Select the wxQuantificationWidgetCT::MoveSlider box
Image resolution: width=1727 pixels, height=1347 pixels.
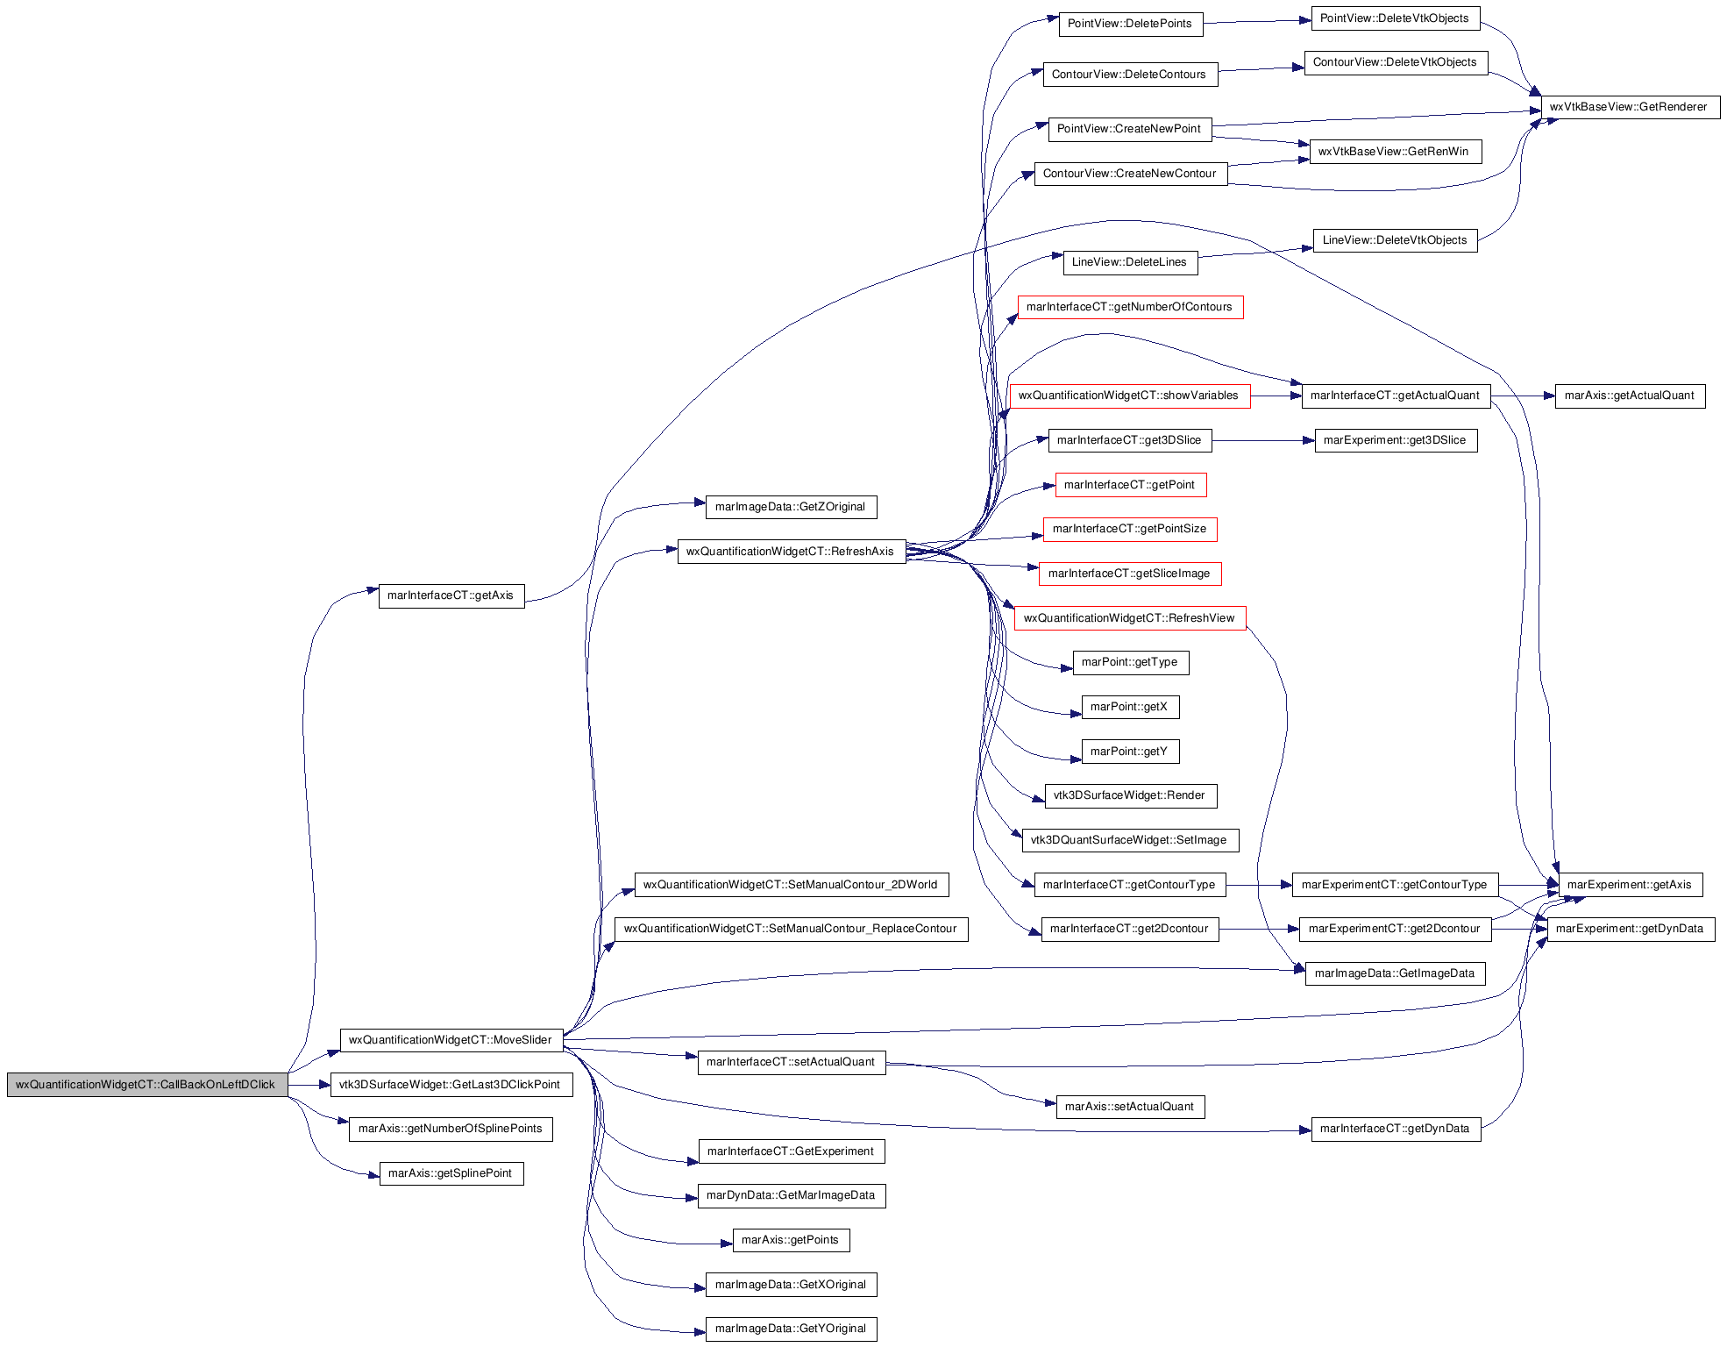451,1040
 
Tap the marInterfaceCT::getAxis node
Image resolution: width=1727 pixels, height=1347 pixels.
451,595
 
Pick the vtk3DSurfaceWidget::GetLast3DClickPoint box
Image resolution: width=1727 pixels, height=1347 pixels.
451,1085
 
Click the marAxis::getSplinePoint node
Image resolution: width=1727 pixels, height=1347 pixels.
451,1173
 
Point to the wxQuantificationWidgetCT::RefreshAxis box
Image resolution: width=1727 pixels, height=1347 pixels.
792,552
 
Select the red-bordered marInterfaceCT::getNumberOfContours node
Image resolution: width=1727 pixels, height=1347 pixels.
1130,307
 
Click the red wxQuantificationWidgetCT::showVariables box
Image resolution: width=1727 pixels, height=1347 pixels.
1130,396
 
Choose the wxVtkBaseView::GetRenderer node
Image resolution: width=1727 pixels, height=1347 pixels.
1631,107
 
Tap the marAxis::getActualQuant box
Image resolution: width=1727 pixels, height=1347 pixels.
1631,396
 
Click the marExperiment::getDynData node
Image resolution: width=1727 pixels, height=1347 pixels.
1631,929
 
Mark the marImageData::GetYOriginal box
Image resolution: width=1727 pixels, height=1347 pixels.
791,1329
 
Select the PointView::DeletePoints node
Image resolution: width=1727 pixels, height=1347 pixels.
1131,24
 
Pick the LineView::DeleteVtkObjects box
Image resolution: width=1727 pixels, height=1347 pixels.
1396,240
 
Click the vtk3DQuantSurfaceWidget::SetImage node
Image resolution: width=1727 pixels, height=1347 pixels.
1130,840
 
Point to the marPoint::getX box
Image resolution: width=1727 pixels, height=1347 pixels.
1130,707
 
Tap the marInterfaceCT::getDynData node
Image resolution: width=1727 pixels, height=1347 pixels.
1396,1129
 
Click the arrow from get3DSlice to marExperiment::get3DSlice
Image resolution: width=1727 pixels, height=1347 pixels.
1263,440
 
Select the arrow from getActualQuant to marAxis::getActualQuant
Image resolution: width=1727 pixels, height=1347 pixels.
1523,396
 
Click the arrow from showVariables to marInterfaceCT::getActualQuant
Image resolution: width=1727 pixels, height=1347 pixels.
1276,396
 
